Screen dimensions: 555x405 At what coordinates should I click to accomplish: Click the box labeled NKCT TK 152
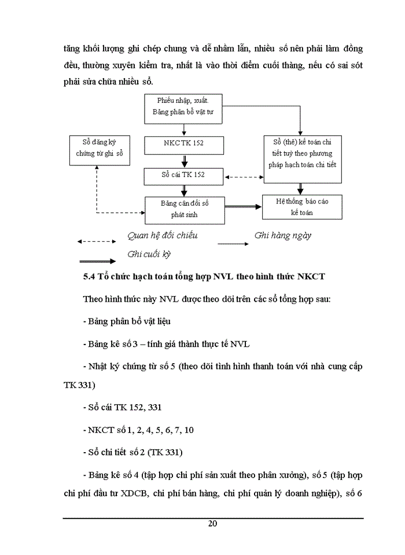pos(183,142)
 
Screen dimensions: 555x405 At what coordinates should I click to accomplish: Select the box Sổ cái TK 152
pos(183,174)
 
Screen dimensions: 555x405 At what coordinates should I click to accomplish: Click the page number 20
pos(212,524)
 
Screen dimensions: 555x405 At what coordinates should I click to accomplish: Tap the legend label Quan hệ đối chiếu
pos(163,236)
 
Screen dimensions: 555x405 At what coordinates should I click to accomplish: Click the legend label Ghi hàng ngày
pos(283,235)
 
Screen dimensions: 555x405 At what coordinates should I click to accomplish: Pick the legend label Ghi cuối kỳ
pos(149,254)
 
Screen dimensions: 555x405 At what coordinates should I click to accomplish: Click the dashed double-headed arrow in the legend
pos(95,241)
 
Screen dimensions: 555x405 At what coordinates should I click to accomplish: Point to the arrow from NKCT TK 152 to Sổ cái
pos(184,158)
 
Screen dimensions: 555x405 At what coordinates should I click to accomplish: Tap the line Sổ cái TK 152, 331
pos(122,408)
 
